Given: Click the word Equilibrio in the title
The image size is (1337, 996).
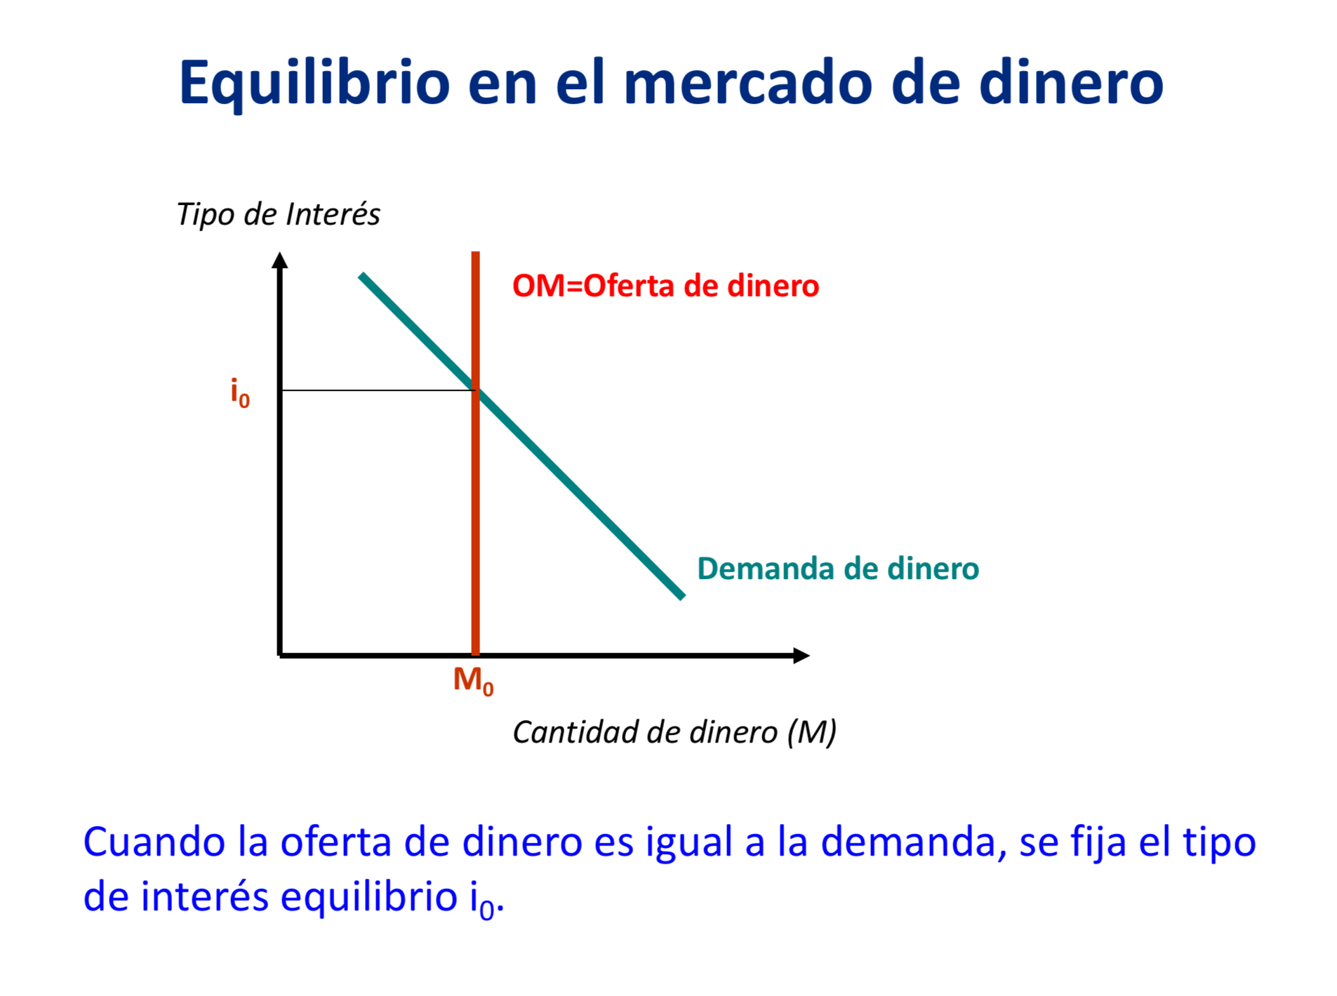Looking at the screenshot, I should click(x=314, y=83).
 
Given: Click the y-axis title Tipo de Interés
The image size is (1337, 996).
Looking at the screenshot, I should click(x=278, y=214).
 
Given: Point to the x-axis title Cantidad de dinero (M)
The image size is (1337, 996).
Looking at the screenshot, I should click(x=674, y=732).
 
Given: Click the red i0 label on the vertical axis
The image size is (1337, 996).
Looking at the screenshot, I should click(x=239, y=393).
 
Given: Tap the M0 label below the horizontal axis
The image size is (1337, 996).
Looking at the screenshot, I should click(x=473, y=680).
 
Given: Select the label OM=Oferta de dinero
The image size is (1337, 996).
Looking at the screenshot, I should click(x=665, y=286).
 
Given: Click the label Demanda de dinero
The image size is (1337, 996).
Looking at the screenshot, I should click(x=837, y=569).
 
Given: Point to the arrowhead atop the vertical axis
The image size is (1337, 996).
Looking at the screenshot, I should click(x=280, y=260).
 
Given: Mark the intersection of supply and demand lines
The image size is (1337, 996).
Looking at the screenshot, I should click(x=475, y=390).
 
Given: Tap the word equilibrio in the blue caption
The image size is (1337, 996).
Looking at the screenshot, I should click(x=368, y=897).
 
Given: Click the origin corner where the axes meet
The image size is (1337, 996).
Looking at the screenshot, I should click(x=280, y=656).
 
